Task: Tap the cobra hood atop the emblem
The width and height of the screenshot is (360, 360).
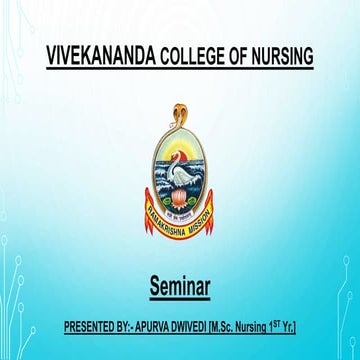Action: pyautogui.click(x=181, y=104)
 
